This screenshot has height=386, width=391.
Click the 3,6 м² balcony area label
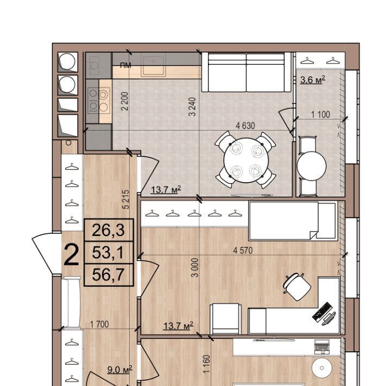coord(312,80)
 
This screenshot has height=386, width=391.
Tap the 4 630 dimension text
coord(245,126)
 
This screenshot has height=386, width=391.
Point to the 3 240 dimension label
coord(192,107)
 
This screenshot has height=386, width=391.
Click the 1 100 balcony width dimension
coord(320,115)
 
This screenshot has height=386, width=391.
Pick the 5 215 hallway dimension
coord(126,199)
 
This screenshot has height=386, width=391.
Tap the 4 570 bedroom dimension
coord(243,250)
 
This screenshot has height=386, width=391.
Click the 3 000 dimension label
coord(195,267)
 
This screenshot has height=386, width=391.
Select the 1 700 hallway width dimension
coord(99,325)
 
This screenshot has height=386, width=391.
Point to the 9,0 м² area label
coord(119,370)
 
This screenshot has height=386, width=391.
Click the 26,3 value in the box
coord(108,230)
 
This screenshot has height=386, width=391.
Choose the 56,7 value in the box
coord(108,275)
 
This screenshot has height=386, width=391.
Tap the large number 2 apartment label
coord(71,255)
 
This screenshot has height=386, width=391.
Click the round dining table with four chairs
coord(245,160)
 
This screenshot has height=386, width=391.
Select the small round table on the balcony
coord(312,165)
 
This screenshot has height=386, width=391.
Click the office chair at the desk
coord(297,287)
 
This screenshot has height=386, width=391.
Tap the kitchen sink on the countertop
coord(153,66)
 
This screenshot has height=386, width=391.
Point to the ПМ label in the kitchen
coord(125,65)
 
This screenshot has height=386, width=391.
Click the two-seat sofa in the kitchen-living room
coord(246,72)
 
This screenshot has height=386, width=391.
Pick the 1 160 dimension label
coord(207,364)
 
